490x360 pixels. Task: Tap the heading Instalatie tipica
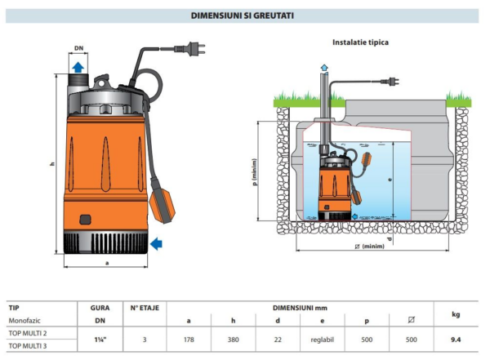point(360,42)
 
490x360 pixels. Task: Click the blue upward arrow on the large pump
point(78,68)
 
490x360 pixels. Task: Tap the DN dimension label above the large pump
point(78,49)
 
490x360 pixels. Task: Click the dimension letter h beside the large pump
point(52,164)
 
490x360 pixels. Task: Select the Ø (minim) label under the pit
point(368,246)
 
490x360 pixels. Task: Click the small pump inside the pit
point(334,187)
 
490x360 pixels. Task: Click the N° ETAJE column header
point(145,309)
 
